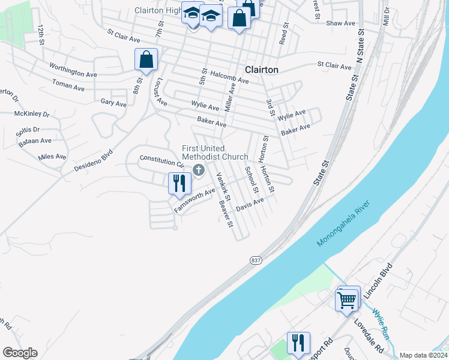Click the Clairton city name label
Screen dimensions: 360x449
click(x=261, y=70)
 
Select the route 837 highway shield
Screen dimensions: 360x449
click(x=256, y=260)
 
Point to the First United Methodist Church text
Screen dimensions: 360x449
click(x=215, y=153)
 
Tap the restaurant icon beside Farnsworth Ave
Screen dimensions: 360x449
click(x=179, y=183)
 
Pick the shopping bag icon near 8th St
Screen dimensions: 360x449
click(x=146, y=59)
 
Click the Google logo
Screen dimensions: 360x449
click(x=20, y=353)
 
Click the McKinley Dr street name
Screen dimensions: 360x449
click(x=32, y=113)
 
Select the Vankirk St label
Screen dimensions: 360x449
click(x=223, y=187)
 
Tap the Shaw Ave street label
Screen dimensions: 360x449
click(x=341, y=23)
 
